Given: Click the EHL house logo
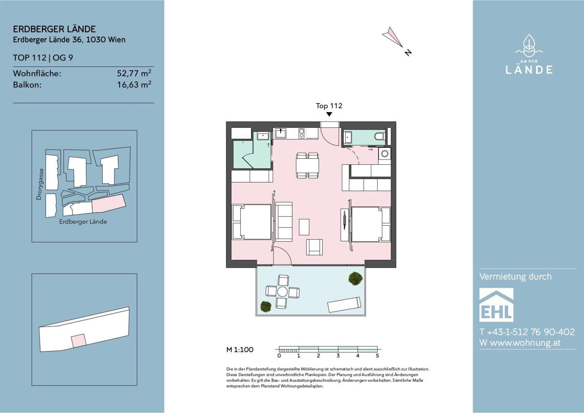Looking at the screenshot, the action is (x=496, y=305).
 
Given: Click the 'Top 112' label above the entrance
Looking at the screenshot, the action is (x=329, y=106).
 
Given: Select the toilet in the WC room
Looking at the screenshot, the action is (x=380, y=136).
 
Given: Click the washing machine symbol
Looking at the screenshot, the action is (x=385, y=154).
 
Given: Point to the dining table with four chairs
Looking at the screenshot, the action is (x=307, y=166).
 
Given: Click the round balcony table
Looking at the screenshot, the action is (x=282, y=291).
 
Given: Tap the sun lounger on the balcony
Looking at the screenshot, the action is (x=344, y=304).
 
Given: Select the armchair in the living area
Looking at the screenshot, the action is (x=315, y=247).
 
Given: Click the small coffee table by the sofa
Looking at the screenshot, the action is (x=304, y=227).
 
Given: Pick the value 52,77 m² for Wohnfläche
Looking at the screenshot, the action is (x=134, y=73).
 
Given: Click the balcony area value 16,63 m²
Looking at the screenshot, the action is (x=134, y=85).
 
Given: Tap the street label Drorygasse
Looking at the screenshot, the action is (x=39, y=184).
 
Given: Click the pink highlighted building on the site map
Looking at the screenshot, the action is (x=109, y=203).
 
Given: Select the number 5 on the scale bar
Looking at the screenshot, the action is (x=377, y=356).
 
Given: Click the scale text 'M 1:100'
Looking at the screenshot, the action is (x=240, y=350).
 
